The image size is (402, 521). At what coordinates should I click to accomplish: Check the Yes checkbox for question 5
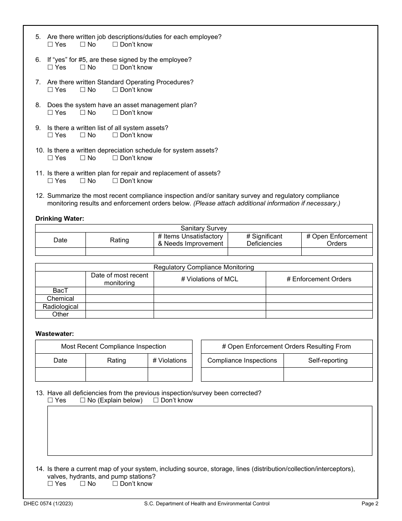pos(50,44)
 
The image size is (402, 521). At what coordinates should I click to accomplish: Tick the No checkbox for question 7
pos(83,90)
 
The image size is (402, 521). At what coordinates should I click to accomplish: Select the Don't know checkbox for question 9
pos(115,135)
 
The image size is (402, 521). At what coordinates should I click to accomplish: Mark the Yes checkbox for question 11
pos(50,181)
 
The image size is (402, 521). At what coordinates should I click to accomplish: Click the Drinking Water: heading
pos(60,219)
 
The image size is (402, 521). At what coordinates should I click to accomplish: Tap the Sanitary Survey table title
pos(204,228)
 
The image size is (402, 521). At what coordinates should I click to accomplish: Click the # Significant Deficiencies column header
pos(264,240)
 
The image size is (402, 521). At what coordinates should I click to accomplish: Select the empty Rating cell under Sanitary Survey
pos(119,252)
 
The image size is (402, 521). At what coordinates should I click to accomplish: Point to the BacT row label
pos(60,291)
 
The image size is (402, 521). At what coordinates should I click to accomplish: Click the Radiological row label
pos(60,306)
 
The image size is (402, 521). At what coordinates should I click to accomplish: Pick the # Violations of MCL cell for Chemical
pos(209,299)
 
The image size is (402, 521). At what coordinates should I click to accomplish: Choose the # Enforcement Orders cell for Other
pos(319,314)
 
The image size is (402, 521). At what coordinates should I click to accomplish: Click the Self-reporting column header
pos(328,360)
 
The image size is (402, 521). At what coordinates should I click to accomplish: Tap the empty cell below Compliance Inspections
pos(242,374)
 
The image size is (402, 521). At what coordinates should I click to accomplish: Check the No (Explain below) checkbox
pos(83,400)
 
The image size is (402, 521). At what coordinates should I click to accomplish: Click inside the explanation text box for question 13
pos(209,430)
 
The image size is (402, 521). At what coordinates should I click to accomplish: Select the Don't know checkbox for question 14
pos(115,484)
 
